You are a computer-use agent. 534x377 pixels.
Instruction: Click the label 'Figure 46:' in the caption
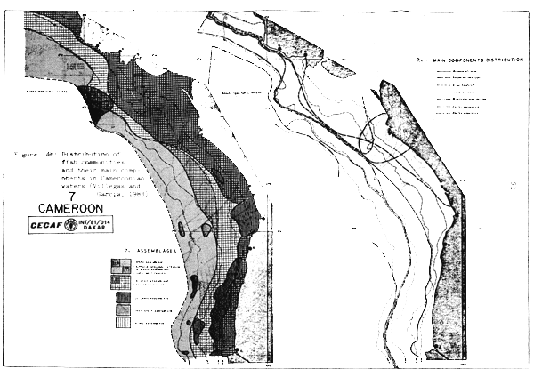click(28, 154)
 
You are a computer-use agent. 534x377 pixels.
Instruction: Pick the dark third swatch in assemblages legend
click(123, 298)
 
